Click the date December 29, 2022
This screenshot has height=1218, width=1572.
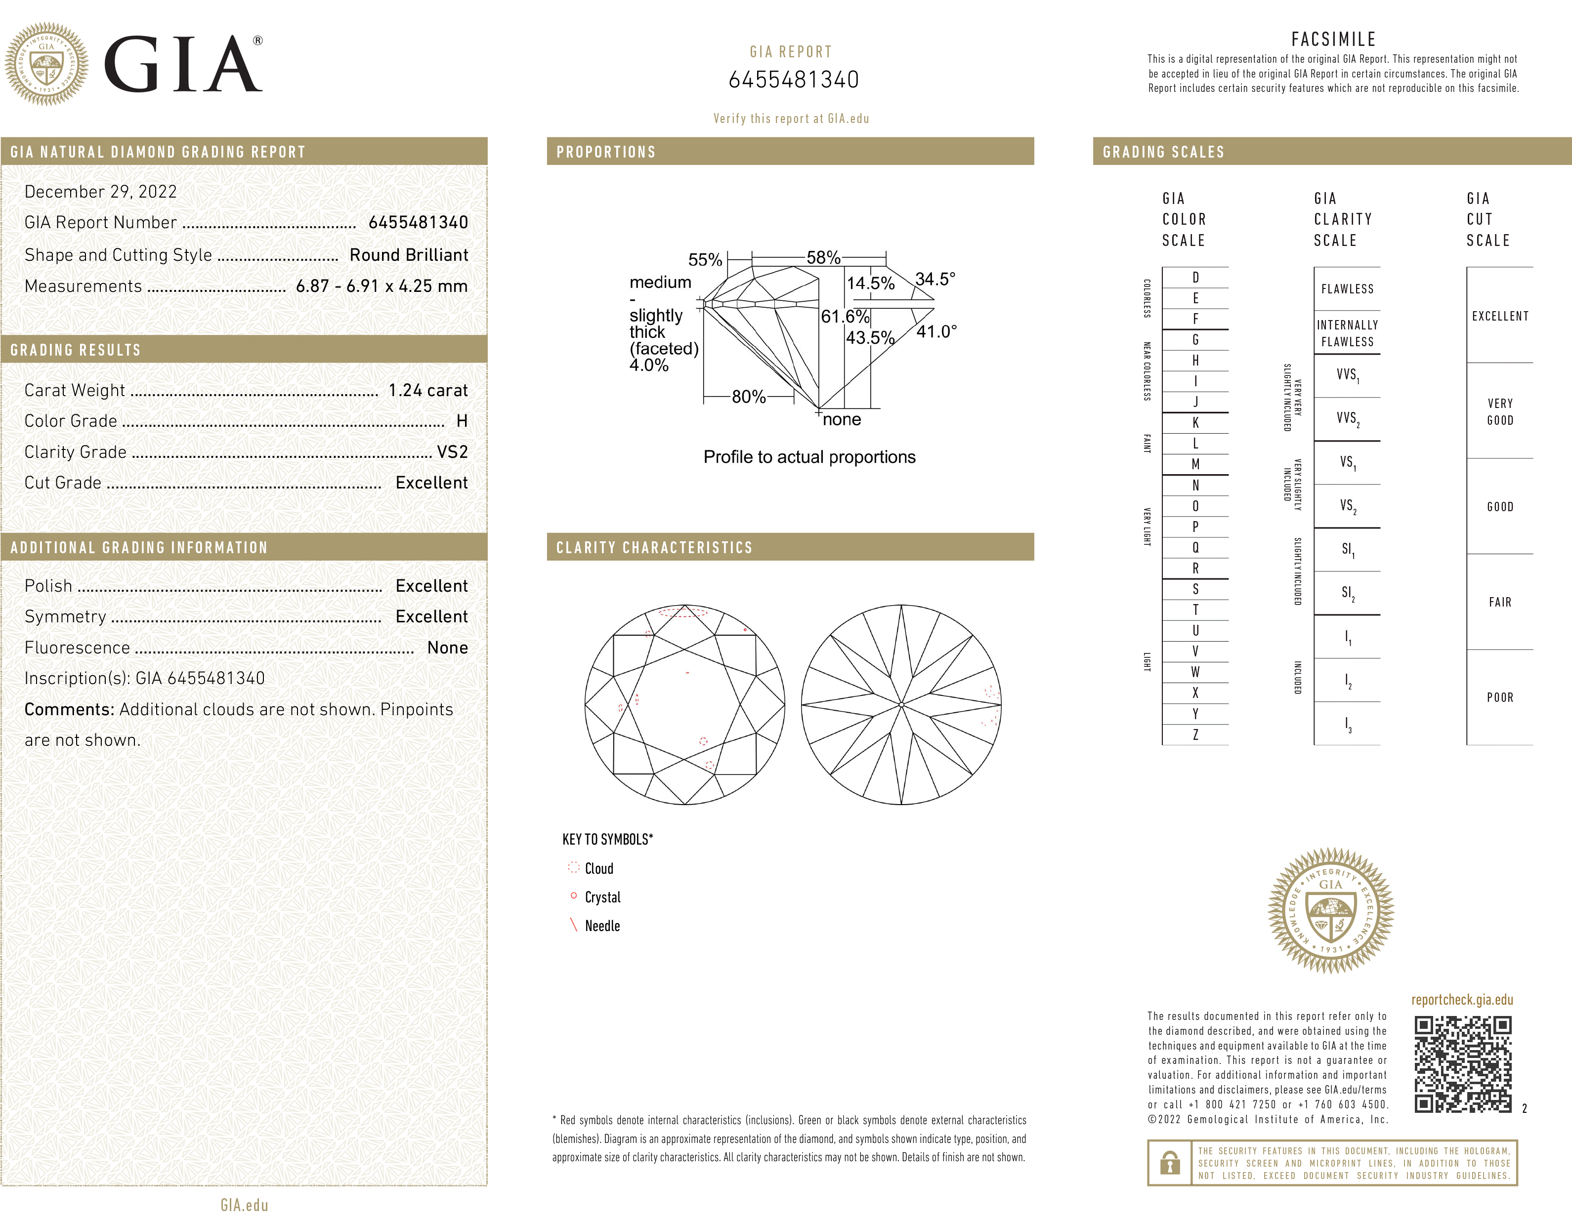[x=101, y=191]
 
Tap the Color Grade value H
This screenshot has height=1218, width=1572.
[x=462, y=421]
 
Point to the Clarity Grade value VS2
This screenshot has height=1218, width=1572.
[x=452, y=452]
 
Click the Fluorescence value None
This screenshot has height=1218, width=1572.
[x=447, y=648]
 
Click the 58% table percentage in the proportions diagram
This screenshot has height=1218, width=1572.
[x=823, y=257]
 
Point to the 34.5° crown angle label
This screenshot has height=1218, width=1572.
[x=935, y=279]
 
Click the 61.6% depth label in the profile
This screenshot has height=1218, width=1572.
[x=845, y=317]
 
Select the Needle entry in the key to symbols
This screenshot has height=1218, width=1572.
[x=602, y=926]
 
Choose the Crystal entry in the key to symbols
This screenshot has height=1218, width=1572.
[x=602, y=897]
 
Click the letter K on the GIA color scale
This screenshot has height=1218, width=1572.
[x=1195, y=423]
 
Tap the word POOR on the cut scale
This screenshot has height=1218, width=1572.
[x=1500, y=697]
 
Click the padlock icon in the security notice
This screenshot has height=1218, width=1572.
[x=1170, y=1163]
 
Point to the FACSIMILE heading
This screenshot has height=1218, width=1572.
[x=1333, y=40]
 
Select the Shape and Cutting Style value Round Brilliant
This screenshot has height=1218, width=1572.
[x=408, y=255]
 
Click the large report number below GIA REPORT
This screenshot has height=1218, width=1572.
[x=793, y=80]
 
